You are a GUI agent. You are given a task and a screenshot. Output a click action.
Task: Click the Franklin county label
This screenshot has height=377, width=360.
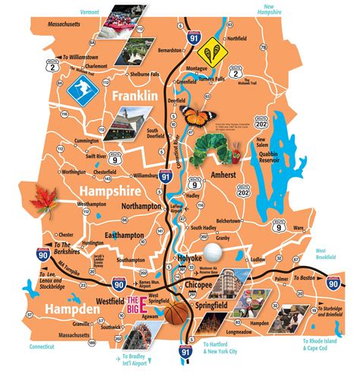coord(134,97)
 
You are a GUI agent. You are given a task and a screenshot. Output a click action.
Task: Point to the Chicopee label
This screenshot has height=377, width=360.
coord(200,285)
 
